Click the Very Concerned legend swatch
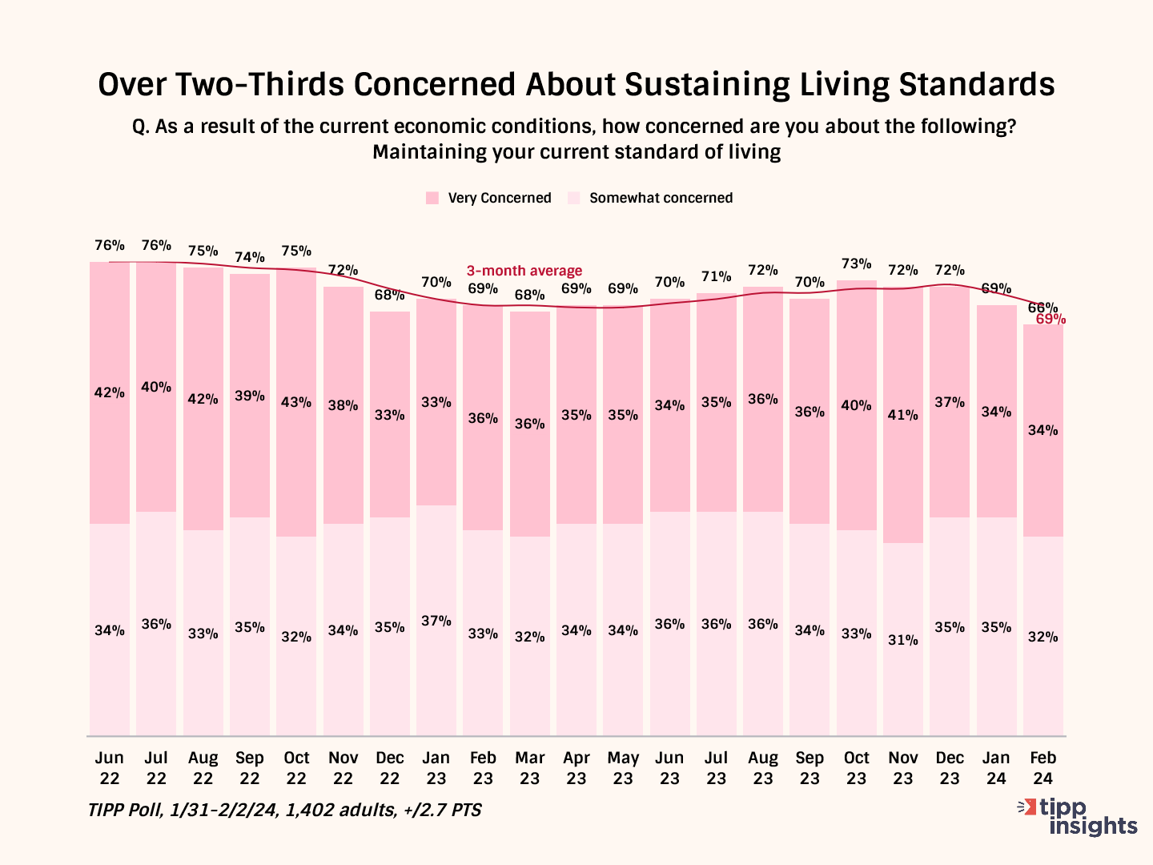(432, 198)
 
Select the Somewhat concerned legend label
(661, 198)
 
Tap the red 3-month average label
(524, 271)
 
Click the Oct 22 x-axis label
(296, 768)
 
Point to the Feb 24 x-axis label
(1043, 768)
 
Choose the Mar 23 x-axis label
(529, 768)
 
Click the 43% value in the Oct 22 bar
(296, 402)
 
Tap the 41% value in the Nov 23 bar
(902, 415)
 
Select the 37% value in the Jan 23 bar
(436, 621)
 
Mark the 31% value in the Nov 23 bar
(902, 640)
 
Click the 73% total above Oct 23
(856, 264)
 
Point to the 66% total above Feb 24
(1043, 307)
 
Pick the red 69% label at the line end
(1051, 320)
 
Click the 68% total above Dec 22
(390, 295)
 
